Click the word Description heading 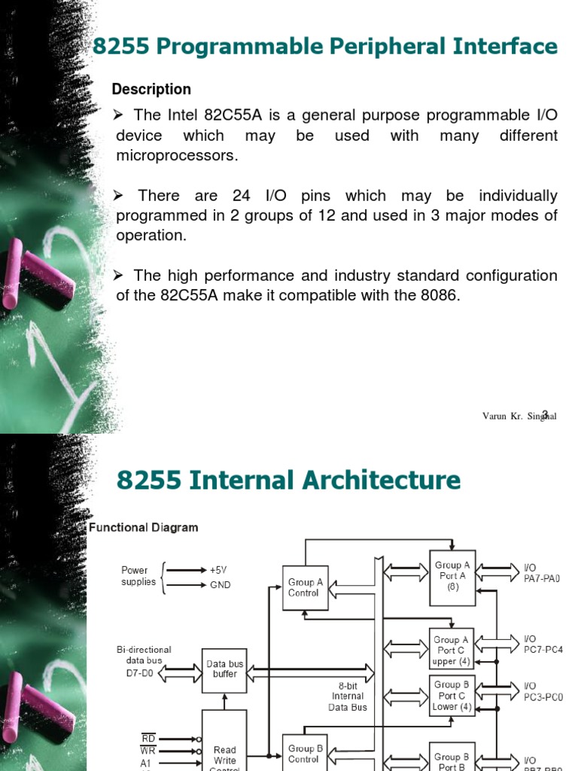[151, 90]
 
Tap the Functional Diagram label [144, 528]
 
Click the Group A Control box [304, 587]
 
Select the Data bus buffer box [225, 669]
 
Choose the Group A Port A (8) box [452, 576]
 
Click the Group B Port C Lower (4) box [452, 696]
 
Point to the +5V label [219, 570]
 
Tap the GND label [221, 584]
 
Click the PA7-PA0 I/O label [542, 579]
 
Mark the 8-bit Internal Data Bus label [348, 696]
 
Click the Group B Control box [304, 754]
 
